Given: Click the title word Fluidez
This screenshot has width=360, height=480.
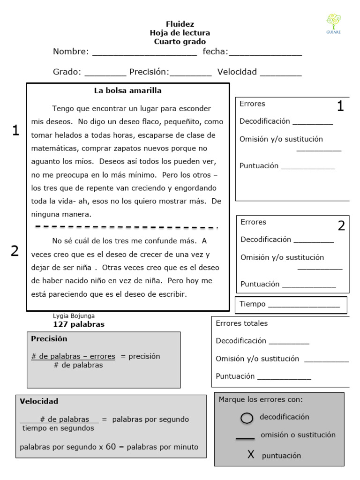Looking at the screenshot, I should click(x=180, y=24).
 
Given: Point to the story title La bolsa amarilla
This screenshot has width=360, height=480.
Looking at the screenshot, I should click(x=127, y=90).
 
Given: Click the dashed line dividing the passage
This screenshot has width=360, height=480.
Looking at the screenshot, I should click(x=127, y=227).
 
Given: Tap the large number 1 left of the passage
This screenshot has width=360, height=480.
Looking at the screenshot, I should click(x=15, y=131).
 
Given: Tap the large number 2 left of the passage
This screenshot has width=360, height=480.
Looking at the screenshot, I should click(x=15, y=251).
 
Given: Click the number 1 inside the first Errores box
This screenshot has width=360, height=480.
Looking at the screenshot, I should click(x=340, y=107).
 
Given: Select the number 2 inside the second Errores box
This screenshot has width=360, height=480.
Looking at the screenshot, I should click(x=341, y=226).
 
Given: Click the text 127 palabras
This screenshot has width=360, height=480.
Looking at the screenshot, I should click(x=79, y=324).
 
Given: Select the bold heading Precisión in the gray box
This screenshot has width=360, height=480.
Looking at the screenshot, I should click(x=49, y=338).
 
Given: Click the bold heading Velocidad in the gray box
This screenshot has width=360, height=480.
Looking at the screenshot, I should click(x=39, y=401).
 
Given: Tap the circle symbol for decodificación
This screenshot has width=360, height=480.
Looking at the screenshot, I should click(x=247, y=418).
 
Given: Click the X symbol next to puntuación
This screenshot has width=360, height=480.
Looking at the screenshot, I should click(x=251, y=455).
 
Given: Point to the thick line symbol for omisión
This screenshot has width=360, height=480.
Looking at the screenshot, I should click(x=245, y=438).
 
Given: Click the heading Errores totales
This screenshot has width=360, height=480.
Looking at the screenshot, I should click(x=241, y=323).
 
